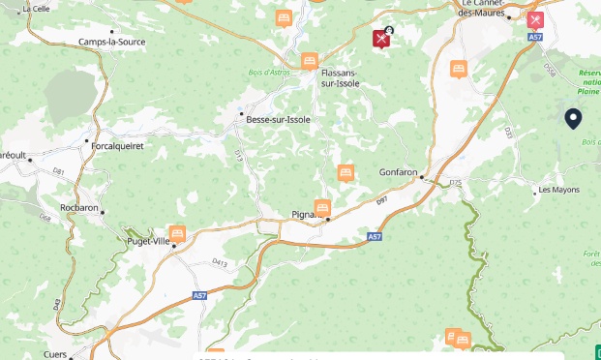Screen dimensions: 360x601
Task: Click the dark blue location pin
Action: [x=573, y=118]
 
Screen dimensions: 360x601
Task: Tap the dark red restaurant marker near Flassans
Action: [x=381, y=39]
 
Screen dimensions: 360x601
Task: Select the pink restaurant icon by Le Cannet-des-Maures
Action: [x=535, y=19]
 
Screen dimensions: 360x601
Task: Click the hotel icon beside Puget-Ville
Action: [x=177, y=233]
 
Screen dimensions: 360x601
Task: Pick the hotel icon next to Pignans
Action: [x=322, y=207]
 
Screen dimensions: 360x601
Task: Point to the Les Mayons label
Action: [x=559, y=190]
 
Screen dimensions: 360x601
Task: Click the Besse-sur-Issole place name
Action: [x=277, y=119]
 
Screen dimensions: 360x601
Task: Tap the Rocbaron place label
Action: [x=79, y=207]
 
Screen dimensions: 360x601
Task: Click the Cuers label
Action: [x=55, y=354]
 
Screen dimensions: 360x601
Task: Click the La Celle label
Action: [x=35, y=8]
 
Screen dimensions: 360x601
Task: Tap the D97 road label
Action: [x=381, y=199]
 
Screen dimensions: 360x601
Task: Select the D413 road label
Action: [x=220, y=262]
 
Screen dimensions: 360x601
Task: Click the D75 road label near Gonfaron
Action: [x=456, y=182]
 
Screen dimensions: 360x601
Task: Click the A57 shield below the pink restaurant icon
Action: [x=535, y=37]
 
